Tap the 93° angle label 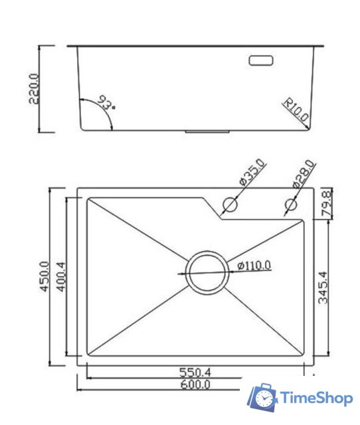click(106, 104)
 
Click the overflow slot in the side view click(260, 60)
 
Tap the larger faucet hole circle click(229, 204)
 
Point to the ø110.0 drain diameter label click(254, 266)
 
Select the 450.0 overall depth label click(44, 276)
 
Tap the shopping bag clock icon click(264, 397)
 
